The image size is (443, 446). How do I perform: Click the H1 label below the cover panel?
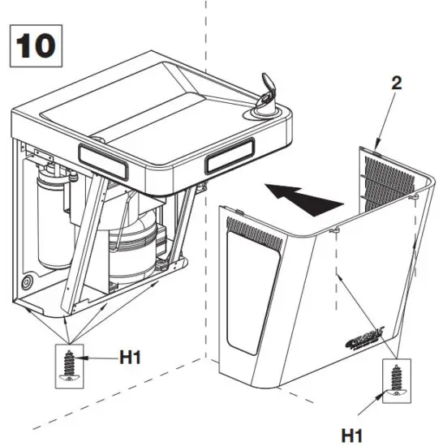352,435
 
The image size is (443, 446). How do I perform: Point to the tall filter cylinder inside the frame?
55,219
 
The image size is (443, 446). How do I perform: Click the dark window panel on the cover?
248,292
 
